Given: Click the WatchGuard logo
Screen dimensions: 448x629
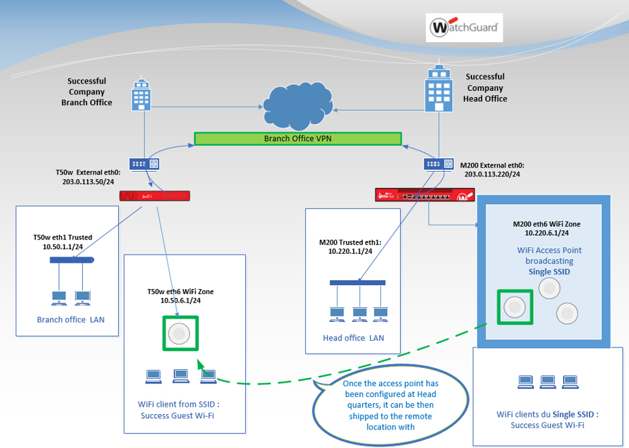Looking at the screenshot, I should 465,29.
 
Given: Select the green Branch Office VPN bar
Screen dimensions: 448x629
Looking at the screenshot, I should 298,138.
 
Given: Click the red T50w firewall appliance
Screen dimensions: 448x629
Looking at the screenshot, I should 154,195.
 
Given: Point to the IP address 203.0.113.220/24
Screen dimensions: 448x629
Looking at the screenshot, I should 492,174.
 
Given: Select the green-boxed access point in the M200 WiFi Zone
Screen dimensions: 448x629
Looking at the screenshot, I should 515,307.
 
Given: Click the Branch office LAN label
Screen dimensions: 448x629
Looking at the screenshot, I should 71,320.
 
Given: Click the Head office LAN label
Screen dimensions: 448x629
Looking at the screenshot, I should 353,337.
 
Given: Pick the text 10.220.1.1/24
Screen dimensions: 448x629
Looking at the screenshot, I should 346,251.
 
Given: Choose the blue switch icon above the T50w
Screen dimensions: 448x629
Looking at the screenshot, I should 144,164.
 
